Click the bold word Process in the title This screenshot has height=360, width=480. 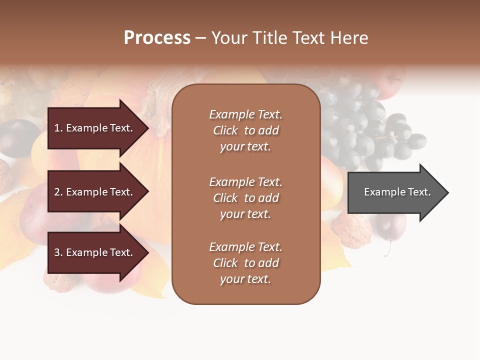157,38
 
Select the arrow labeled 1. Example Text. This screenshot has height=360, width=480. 95,128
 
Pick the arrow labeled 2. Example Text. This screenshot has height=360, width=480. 95,192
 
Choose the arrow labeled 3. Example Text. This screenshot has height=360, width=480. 95,252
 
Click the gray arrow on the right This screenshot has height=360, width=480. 395,192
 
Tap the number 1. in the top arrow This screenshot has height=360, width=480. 58,128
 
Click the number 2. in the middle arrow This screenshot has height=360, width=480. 58,192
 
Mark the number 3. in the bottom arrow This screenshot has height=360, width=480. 58,252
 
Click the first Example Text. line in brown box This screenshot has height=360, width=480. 245,114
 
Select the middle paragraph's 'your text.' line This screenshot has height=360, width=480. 245,214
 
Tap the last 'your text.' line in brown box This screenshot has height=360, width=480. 245,279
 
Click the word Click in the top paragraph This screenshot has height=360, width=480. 225,130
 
